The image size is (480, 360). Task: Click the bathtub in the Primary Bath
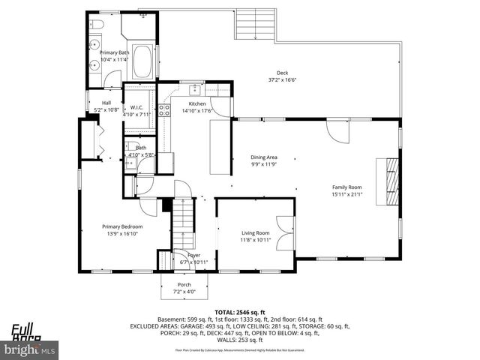(x=142, y=61)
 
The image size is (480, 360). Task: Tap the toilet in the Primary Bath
(x=98, y=27)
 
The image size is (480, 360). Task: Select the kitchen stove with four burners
(x=163, y=112)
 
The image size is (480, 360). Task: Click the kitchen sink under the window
(x=193, y=87)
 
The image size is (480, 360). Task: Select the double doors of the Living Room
(x=284, y=232)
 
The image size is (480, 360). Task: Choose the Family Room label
(x=347, y=187)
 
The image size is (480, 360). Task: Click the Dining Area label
(x=263, y=157)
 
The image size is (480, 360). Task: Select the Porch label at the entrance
(x=184, y=285)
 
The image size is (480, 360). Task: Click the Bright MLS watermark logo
(x=30, y=349)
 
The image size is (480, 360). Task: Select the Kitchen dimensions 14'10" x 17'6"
(x=197, y=110)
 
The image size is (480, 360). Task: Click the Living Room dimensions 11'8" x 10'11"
(x=255, y=240)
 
